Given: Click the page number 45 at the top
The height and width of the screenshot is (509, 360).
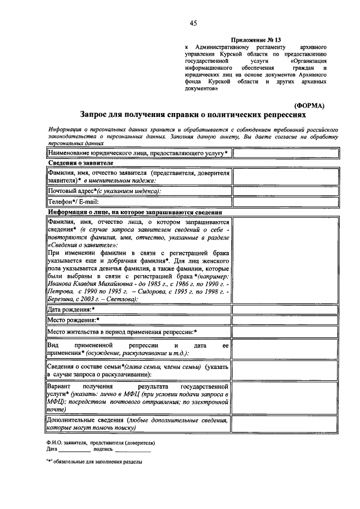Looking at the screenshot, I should click(193, 23).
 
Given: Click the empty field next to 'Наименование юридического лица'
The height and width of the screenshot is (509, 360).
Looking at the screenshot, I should click(286, 153).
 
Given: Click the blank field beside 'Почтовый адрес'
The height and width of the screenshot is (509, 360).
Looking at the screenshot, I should click(286, 191).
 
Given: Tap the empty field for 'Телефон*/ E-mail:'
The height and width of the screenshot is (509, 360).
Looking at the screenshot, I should click(286, 202).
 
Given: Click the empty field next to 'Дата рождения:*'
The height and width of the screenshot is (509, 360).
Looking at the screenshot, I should click(286, 309).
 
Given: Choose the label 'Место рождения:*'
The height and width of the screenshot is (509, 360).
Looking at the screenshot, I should click(74, 321).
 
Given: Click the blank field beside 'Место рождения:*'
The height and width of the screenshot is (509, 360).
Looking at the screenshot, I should click(286, 321).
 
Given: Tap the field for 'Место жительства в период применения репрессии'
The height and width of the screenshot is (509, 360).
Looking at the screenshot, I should click(286, 332).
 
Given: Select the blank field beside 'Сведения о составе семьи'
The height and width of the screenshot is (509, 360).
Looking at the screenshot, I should click(286, 370).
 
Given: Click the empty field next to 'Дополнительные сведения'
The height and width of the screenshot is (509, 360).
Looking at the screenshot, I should click(286, 424).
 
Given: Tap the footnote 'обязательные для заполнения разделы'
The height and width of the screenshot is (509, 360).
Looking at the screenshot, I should click(98, 462).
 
